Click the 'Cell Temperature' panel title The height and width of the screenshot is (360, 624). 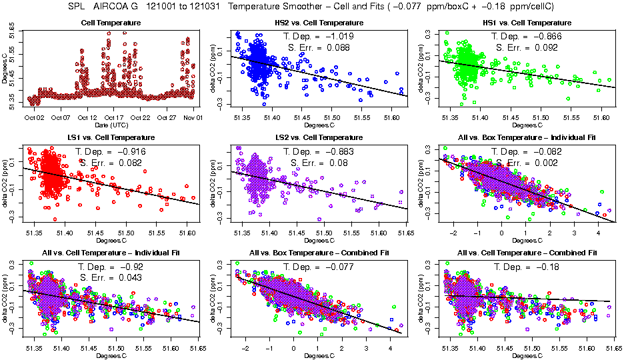pos(111,23)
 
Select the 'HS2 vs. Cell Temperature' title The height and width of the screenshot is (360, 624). pos(319,23)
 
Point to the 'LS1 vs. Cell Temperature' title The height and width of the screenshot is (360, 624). pos(111,137)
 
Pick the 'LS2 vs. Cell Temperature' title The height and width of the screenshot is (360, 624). pos(319,137)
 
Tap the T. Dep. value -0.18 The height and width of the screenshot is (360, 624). pos(548,267)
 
